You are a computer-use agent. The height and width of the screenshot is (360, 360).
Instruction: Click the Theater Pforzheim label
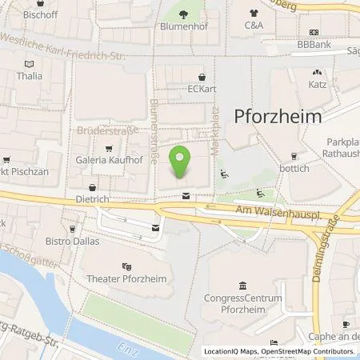point(126,280)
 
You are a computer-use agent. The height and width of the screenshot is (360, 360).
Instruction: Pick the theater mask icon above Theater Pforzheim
point(126,266)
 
